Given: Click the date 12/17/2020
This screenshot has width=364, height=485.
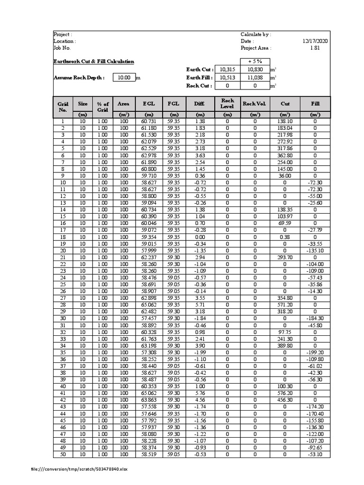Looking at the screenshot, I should tap(315, 41).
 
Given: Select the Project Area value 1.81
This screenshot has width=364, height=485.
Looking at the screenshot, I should tap(315, 48).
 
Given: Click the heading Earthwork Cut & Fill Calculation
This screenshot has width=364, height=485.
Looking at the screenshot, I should tap(94, 62).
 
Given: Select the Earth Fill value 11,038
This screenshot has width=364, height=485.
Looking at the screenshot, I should tap(255, 78).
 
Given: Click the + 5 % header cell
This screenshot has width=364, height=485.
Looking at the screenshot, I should tap(255, 62).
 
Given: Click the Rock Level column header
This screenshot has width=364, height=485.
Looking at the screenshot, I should tap(227, 104).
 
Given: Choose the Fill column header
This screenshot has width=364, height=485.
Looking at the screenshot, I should tap(315, 104).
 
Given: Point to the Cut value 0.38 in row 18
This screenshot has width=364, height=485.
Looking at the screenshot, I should tap(284, 237).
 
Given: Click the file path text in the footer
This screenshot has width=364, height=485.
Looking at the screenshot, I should tap(79, 469).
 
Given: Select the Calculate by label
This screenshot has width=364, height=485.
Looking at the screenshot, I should tap(256, 35).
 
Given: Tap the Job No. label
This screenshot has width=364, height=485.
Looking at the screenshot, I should tap(62, 48).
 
